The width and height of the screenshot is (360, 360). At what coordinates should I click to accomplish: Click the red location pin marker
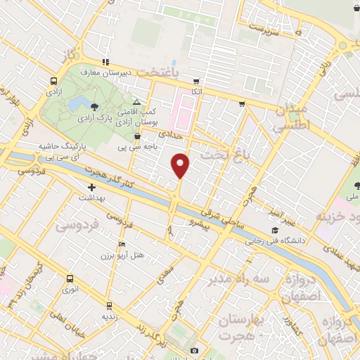click(x=181, y=166)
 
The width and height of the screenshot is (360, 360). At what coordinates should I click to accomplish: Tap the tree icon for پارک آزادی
click(x=94, y=106)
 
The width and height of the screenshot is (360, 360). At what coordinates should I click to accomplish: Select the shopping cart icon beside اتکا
click(x=195, y=82)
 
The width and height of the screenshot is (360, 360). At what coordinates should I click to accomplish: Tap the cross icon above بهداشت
click(x=92, y=187)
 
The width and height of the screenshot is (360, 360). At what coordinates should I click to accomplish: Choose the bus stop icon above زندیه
click(x=108, y=305)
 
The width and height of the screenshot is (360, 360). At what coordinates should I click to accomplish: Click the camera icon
click(x=195, y=350)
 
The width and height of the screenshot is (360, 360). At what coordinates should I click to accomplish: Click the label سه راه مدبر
click(x=238, y=279)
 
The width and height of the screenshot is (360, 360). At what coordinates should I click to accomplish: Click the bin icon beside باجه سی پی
click(x=138, y=136)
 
